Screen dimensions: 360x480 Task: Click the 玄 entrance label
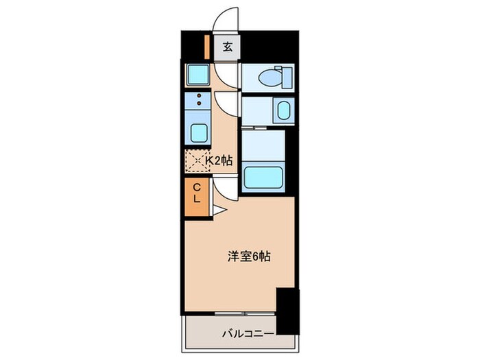(x=227, y=48)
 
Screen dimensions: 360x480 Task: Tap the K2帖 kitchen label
(x=219, y=160)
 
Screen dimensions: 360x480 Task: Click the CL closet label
(x=196, y=193)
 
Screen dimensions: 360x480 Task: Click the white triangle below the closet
(x=217, y=211)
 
